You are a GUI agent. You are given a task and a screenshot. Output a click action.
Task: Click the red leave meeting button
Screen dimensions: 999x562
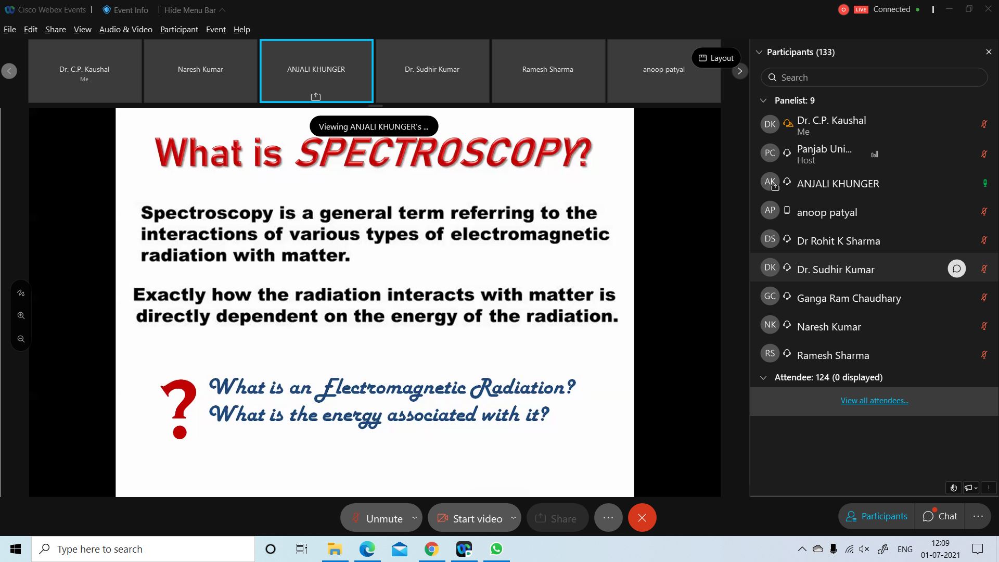tap(642, 518)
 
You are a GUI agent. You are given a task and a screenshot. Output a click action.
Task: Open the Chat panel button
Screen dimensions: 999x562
tap(940, 516)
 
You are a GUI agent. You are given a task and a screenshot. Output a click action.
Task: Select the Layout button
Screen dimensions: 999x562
tap(716, 58)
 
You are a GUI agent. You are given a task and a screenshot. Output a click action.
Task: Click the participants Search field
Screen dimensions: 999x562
tap(874, 78)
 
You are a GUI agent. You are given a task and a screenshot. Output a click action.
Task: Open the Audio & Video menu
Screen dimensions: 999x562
tap(125, 29)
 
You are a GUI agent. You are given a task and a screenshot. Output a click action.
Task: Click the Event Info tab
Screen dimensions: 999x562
tap(125, 10)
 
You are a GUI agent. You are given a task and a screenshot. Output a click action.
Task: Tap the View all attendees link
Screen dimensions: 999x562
tap(874, 400)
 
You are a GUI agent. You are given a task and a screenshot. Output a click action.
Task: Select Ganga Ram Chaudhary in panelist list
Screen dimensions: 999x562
tap(849, 298)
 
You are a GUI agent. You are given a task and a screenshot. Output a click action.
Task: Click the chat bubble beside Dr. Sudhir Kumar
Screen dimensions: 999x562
tap(956, 269)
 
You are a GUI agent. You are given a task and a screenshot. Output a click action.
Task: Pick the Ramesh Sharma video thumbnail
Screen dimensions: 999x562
tap(548, 70)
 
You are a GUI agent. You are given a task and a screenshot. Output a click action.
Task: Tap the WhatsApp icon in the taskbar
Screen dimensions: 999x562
tap(496, 549)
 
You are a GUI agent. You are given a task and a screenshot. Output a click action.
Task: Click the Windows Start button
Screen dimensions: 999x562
tap(16, 549)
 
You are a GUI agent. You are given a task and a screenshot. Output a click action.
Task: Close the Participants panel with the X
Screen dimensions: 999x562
tap(989, 52)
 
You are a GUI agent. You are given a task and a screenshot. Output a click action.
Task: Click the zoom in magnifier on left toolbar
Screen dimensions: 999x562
tap(21, 315)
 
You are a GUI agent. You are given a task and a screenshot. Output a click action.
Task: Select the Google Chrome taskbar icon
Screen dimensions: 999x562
tap(431, 549)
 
